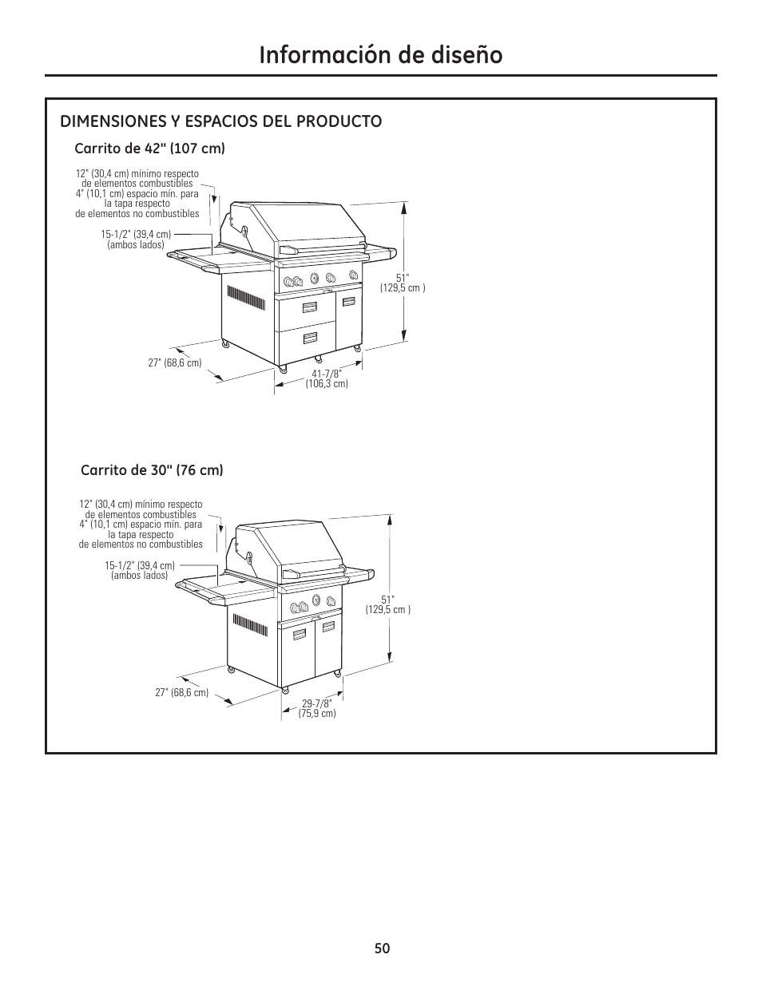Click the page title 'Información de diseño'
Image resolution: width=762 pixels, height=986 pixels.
(x=380, y=54)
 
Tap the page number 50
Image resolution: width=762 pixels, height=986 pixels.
(x=381, y=948)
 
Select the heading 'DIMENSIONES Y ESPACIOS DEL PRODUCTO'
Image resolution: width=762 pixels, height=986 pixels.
(x=220, y=121)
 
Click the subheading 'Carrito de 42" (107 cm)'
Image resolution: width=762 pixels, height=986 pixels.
(x=149, y=148)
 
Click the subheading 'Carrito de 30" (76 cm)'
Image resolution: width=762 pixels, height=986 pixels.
(x=152, y=470)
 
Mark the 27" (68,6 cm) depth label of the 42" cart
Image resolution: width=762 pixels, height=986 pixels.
(x=175, y=362)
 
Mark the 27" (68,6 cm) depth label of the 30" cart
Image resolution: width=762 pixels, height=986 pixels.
(x=181, y=693)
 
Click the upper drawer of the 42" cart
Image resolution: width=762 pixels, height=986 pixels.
(x=306, y=309)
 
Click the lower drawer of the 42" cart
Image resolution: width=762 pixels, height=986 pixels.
(x=306, y=338)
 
